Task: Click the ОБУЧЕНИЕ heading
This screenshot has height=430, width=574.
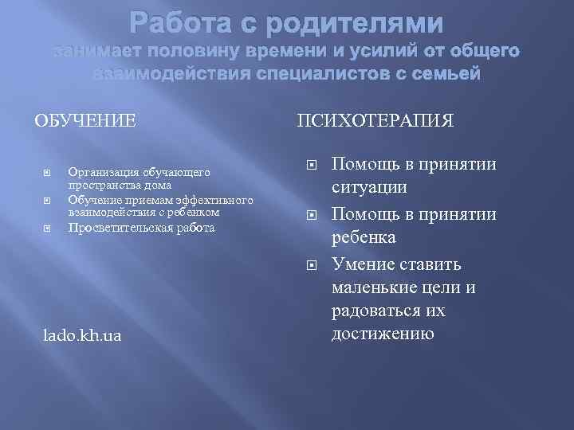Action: (85, 122)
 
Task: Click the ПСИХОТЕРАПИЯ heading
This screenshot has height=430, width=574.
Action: (375, 122)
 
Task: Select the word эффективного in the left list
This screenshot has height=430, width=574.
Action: (195, 199)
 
